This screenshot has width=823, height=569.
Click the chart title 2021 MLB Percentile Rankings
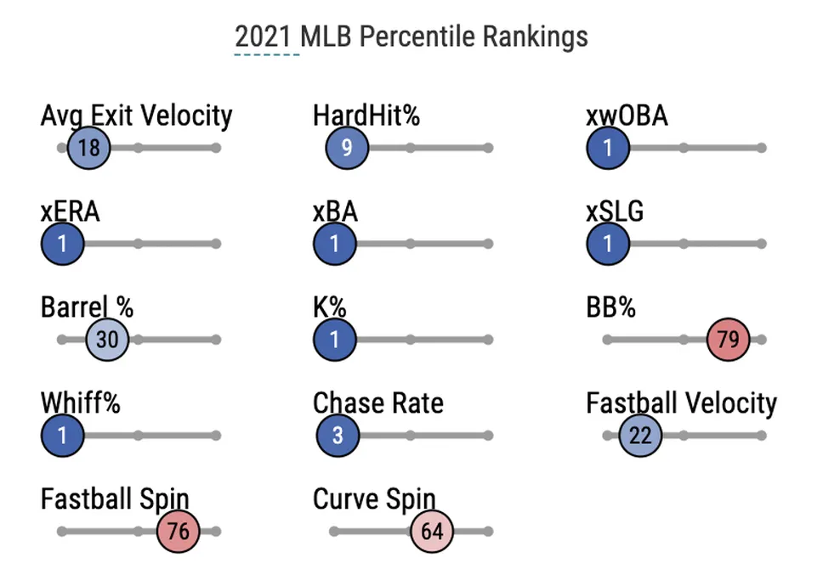pyautogui.click(x=411, y=37)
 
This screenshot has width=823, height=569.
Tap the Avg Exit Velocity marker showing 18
pyautogui.click(x=88, y=148)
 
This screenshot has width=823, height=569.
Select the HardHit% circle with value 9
pyautogui.click(x=346, y=148)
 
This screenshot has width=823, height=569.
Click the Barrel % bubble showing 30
pyautogui.click(x=107, y=340)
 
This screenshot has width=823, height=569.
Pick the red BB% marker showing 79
pyautogui.click(x=728, y=340)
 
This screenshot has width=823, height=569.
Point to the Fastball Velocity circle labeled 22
pyautogui.click(x=639, y=436)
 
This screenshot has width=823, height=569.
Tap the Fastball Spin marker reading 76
pyautogui.click(x=178, y=532)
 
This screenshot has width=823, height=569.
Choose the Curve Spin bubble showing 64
pyautogui.click(x=432, y=532)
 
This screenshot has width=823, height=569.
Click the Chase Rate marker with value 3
pyautogui.click(x=338, y=436)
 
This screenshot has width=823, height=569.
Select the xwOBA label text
pyautogui.click(x=627, y=115)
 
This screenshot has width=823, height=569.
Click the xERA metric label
pyautogui.click(x=71, y=211)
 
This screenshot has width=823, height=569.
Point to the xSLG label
pyautogui.click(x=615, y=211)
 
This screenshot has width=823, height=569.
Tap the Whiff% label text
pyautogui.click(x=81, y=403)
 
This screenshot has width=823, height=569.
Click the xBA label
pyautogui.click(x=335, y=211)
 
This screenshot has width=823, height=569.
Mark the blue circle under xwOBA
pyautogui.click(x=608, y=148)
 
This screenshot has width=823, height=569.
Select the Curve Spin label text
pyautogui.click(x=374, y=499)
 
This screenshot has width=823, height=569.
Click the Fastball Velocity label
pyautogui.click(x=681, y=403)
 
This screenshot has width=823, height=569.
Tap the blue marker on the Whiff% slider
pyautogui.click(x=62, y=436)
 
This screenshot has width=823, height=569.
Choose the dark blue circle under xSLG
pyautogui.click(x=608, y=244)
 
